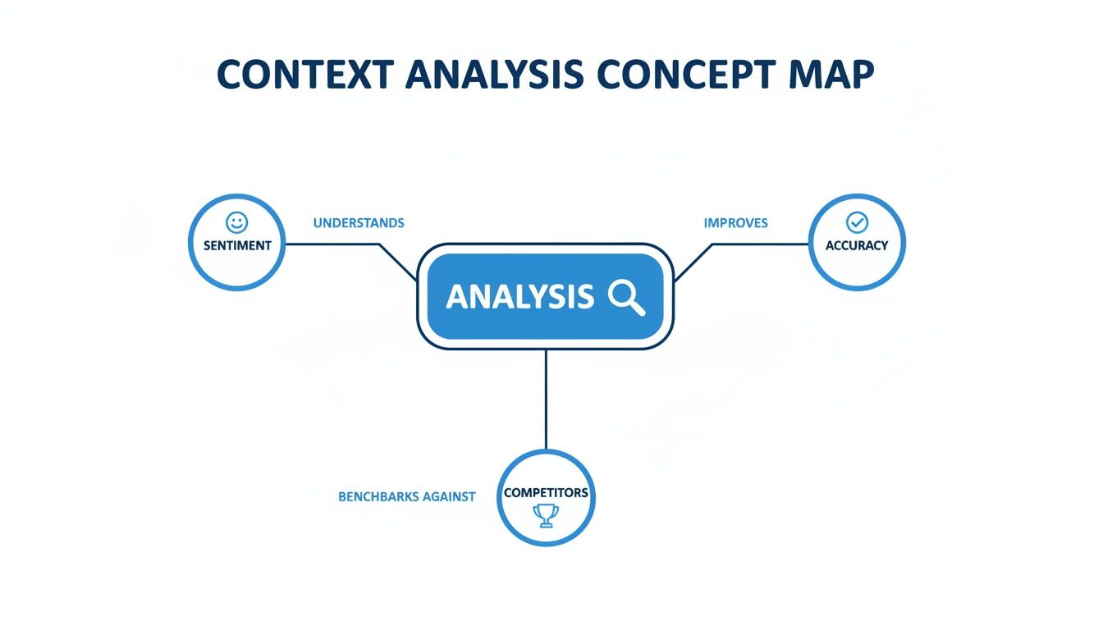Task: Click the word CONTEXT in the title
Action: [303, 75]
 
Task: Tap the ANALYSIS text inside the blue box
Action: [519, 297]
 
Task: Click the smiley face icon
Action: [236, 222]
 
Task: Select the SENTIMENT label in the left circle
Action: [237, 245]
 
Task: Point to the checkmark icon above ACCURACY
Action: [857, 222]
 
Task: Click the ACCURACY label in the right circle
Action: [857, 245]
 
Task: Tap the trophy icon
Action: [546, 515]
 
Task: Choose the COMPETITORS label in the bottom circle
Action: [546, 493]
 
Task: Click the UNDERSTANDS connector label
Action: [359, 223]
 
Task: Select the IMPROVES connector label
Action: [735, 223]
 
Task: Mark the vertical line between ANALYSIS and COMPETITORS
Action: [546, 399]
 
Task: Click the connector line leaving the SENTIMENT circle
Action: [328, 244]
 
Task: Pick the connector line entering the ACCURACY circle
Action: [763, 244]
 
